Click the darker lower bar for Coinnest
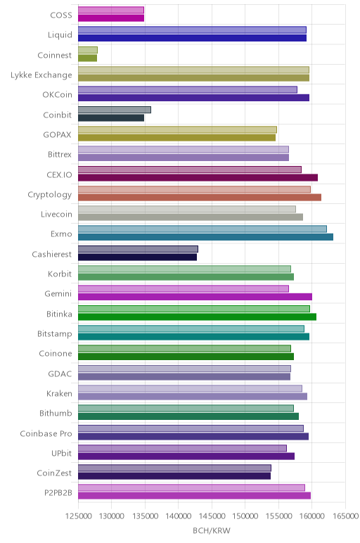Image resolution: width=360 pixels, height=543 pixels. pos(88,58)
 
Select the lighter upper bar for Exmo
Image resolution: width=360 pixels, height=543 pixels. pos(202,229)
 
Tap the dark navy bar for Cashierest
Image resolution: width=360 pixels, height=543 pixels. pos(137,257)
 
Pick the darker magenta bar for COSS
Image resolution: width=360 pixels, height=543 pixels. pos(111,18)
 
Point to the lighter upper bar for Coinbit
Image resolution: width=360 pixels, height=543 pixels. pos(115,110)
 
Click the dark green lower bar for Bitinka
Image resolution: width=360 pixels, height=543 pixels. pos(198,317)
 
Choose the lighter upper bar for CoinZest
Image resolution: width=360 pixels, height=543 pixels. pos(175,468)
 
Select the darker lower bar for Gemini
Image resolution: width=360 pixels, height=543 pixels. pos(195,297)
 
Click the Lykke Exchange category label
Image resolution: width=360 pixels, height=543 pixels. pos(41,75)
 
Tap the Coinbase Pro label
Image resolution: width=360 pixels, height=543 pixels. pos(46,433)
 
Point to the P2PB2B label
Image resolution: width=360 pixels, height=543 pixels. pos(58,493)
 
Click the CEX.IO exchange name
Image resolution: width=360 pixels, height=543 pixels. pos(60,174)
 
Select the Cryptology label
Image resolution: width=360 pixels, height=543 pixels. pos(50,195)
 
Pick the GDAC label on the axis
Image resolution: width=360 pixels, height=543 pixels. pos(60,374)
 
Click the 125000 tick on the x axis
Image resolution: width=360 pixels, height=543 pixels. pos(79,516)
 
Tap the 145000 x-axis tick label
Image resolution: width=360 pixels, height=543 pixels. pos(212,516)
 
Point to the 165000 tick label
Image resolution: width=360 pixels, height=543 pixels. pos(345,516)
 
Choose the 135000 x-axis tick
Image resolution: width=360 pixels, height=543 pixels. pos(146,516)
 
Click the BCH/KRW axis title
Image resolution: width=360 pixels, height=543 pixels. pos(212,531)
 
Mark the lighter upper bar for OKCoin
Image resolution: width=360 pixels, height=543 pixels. pos(188,90)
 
